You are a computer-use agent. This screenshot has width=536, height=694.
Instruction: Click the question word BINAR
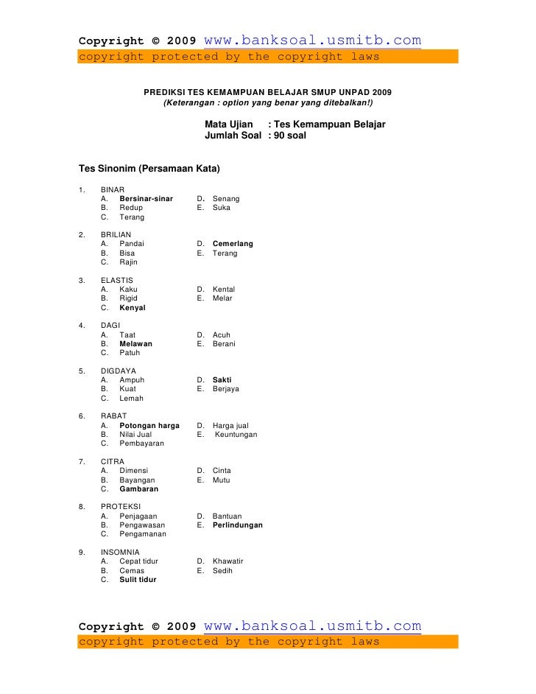113,189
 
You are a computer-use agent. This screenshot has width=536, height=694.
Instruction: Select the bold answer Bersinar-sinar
146,199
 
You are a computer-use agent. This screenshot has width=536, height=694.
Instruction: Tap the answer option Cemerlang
233,244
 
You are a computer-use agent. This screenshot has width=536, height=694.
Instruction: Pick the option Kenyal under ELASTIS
133,307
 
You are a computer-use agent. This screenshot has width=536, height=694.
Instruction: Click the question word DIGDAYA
119,371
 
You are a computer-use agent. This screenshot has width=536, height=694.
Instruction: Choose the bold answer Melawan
135,343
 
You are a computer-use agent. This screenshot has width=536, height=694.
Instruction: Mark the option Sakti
222,380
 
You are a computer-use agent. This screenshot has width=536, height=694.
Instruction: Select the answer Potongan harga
149,425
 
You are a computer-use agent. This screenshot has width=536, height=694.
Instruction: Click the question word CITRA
113,461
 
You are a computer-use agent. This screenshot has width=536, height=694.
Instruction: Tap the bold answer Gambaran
138,488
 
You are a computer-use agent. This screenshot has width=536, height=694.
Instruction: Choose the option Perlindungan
237,525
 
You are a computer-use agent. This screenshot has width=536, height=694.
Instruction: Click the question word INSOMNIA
120,552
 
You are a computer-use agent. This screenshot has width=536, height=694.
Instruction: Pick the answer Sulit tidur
138,579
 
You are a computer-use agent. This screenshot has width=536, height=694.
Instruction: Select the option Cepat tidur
138,561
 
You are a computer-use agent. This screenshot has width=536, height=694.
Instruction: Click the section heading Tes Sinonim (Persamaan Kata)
149,169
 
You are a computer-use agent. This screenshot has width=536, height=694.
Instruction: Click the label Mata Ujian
228,125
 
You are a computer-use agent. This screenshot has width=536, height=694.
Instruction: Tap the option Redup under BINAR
131,208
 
